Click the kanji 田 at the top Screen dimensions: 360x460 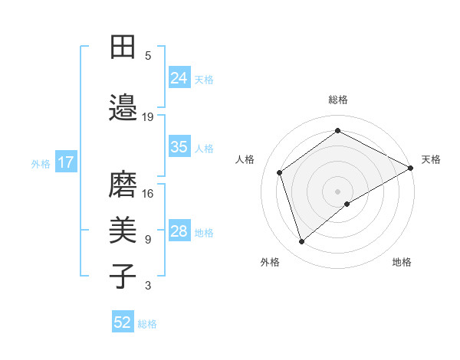[x=122, y=47]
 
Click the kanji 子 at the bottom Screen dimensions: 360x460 [x=122, y=275]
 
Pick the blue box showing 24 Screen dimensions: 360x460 [x=179, y=77]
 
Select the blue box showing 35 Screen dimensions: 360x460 [x=179, y=147]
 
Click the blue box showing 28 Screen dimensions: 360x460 [x=179, y=231]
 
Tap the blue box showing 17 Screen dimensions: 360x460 [x=65, y=162]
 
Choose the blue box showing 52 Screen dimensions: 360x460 [x=123, y=322]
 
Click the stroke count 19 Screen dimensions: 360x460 [x=148, y=116]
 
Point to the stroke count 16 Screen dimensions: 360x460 [x=148, y=193]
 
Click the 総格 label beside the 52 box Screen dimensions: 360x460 [x=147, y=323]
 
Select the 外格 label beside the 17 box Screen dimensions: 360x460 [x=41, y=163]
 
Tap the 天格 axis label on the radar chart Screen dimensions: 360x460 [x=431, y=159]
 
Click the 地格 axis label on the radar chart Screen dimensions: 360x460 [x=402, y=262]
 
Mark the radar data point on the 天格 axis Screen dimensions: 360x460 [x=411, y=167]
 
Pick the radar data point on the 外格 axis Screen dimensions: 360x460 [x=301, y=242]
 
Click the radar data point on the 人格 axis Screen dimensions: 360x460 [x=280, y=172]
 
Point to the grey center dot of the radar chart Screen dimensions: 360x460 [x=337, y=191]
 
